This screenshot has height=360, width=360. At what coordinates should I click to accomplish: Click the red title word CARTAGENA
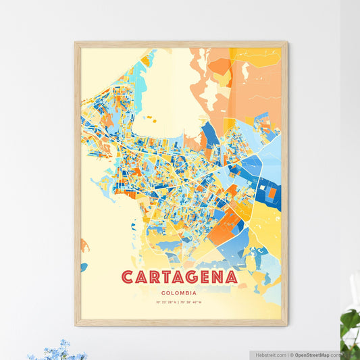click(x=180, y=278)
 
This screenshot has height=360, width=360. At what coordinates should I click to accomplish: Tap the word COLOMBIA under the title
click(x=180, y=293)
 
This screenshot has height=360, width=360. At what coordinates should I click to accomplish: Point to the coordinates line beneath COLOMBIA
click(x=180, y=301)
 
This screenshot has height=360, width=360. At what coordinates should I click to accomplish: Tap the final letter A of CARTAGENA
click(x=231, y=278)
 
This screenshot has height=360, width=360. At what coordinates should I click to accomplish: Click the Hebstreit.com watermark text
click(x=271, y=354)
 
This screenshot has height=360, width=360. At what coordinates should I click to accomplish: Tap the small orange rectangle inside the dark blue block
click(x=272, y=193)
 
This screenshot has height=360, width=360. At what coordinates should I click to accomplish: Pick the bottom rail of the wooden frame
click(x=180, y=323)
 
